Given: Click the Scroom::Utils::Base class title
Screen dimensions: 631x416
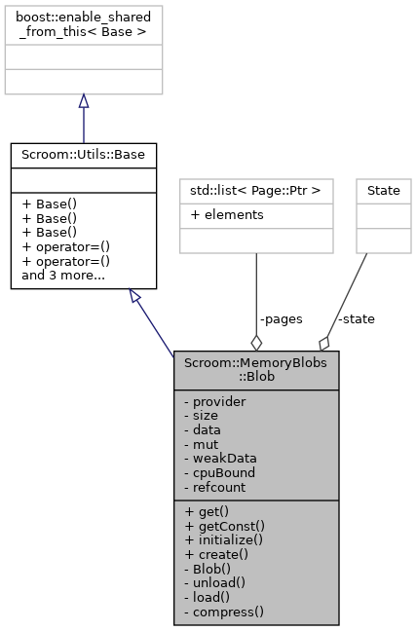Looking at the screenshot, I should tap(83, 154).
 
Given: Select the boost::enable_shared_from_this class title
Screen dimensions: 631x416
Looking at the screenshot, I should tap(83, 24).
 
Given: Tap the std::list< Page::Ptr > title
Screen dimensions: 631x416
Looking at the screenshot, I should tap(256, 190).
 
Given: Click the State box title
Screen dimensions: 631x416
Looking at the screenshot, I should tap(383, 190).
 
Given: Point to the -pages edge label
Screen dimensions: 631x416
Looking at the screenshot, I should tap(281, 318).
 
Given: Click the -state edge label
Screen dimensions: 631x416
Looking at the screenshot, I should tap(356, 318).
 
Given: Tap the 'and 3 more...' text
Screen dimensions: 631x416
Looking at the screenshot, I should tap(58, 277).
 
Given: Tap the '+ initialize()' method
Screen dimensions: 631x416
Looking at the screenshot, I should tap(224, 538).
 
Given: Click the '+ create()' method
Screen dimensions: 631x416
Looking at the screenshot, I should tap(216, 553).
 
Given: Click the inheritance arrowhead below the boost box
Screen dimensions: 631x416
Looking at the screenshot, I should tap(83, 101).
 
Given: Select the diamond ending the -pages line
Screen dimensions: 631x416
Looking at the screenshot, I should tap(256, 341).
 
